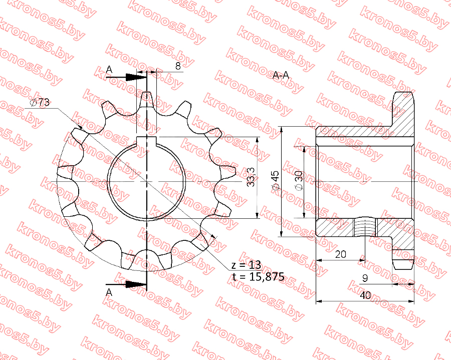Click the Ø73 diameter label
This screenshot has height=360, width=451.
(40, 102)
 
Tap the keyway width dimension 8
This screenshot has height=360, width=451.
(178, 66)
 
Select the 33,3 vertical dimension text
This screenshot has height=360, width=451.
(251, 177)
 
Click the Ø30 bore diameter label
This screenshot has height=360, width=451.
(299, 180)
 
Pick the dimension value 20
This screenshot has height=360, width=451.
(341, 254)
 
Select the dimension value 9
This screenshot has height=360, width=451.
(365, 278)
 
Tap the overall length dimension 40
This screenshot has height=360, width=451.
(365, 295)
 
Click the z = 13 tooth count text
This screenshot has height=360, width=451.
(246, 264)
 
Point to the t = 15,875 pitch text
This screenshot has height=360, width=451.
(258, 276)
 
